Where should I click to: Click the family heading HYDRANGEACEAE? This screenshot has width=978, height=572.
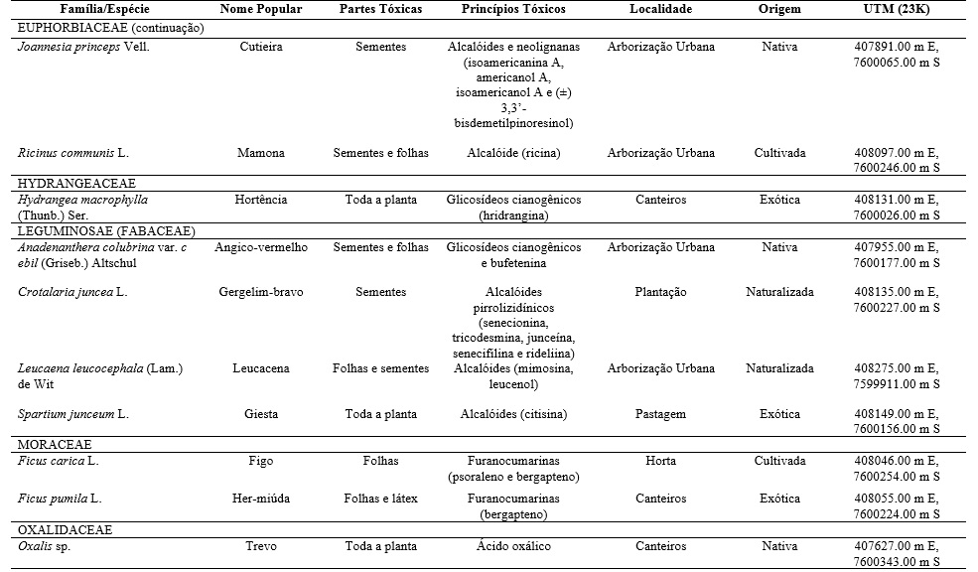point(76,184)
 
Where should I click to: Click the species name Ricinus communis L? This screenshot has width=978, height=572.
point(73,154)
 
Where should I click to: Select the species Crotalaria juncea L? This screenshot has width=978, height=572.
point(72,293)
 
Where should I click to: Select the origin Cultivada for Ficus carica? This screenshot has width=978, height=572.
point(779,461)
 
